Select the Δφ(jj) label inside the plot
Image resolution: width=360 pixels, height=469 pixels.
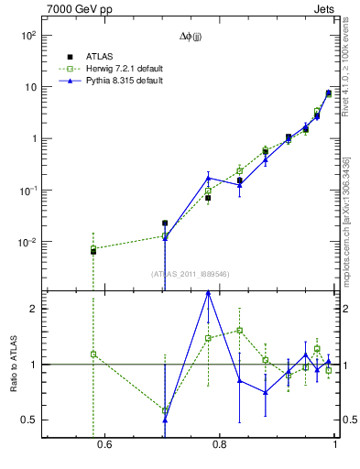click(x=191, y=38)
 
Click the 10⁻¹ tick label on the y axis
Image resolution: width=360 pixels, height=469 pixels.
click(x=27, y=191)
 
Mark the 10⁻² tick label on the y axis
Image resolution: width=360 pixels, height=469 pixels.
click(x=27, y=243)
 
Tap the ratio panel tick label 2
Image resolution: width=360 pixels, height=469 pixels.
click(x=32, y=309)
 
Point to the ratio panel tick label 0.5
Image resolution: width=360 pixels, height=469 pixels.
click(x=27, y=420)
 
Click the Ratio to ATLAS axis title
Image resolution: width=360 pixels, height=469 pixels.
click(x=13, y=364)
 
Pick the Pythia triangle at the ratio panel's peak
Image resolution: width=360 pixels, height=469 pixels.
click(x=208, y=292)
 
